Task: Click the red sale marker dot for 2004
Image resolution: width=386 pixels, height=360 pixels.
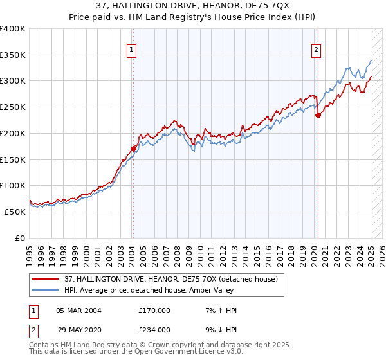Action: pyautogui.click(x=133, y=148)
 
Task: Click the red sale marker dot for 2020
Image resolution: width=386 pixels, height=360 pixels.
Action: pyautogui.click(x=318, y=116)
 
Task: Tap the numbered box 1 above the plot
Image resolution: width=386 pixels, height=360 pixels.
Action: pyautogui.click(x=131, y=50)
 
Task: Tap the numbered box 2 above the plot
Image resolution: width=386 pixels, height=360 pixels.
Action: pyautogui.click(x=317, y=50)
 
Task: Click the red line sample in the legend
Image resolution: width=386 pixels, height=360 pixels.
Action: pyautogui.click(x=45, y=279)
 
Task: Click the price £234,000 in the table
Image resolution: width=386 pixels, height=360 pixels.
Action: pyautogui.click(x=154, y=329)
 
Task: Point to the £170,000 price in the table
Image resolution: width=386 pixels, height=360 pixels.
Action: pyautogui.click(x=154, y=310)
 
